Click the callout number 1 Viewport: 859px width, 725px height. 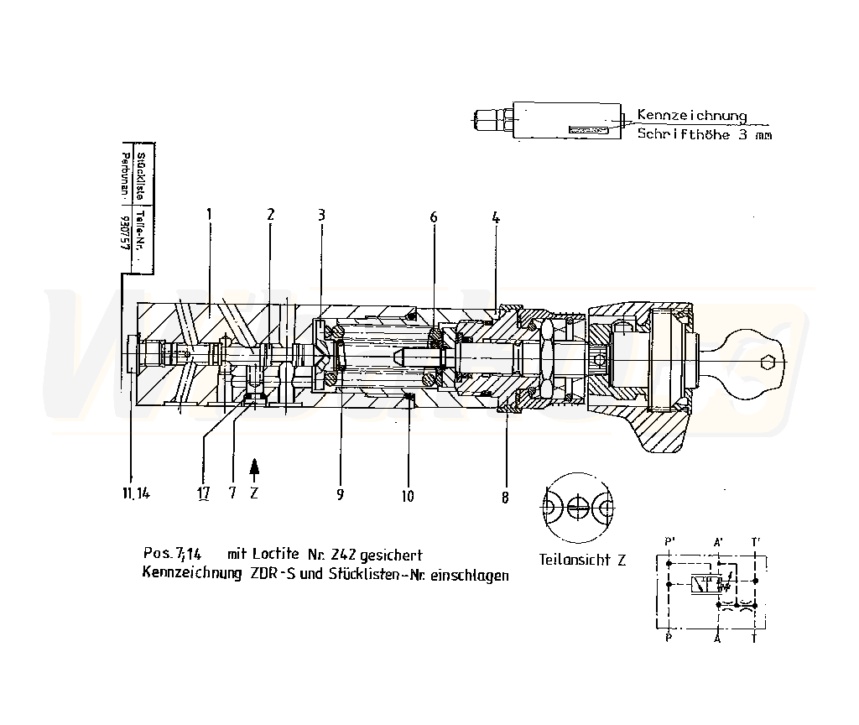[x=209, y=214]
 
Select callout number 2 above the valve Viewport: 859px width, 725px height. [x=270, y=214]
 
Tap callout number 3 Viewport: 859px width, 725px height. [x=321, y=214]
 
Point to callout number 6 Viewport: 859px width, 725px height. [x=434, y=216]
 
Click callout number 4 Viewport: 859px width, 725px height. [x=497, y=216]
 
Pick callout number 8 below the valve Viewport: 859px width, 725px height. [x=505, y=497]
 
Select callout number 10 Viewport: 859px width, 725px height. [x=407, y=496]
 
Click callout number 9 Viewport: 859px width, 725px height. [x=341, y=495]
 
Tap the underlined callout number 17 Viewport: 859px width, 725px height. [x=203, y=493]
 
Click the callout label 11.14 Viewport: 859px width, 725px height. [x=133, y=493]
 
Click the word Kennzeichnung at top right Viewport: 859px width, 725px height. [x=691, y=115]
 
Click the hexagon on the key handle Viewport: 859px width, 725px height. [x=764, y=362]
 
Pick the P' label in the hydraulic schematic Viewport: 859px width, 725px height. [x=669, y=541]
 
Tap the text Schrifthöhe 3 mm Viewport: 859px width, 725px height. [x=704, y=134]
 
